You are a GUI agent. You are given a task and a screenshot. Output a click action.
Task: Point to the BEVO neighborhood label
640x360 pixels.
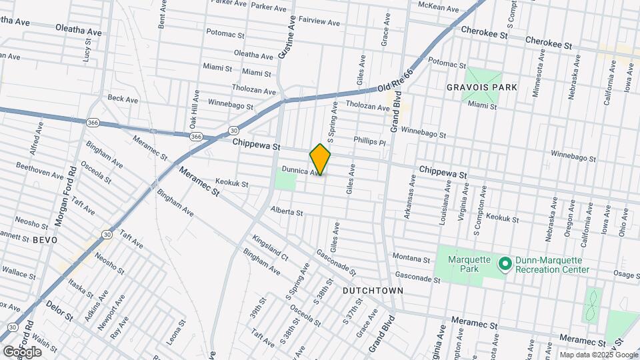(45, 239)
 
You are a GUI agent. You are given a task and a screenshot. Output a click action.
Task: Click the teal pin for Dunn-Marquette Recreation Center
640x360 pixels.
(505, 265)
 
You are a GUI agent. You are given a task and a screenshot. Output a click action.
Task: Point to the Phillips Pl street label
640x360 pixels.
(369, 141)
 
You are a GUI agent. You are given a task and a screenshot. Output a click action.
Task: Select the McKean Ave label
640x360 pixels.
(438, 8)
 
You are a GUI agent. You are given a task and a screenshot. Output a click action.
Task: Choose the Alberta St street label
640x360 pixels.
(287, 212)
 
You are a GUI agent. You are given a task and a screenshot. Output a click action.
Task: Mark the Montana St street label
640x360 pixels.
(411, 258)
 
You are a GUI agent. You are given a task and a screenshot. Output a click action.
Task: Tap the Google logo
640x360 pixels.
(21, 351)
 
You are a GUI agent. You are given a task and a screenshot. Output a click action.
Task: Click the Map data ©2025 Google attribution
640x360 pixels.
(597, 355)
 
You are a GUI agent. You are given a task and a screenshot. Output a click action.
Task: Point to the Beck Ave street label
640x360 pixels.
(123, 99)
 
